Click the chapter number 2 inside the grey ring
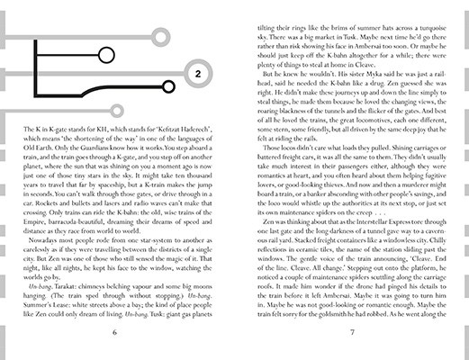point(198,71)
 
